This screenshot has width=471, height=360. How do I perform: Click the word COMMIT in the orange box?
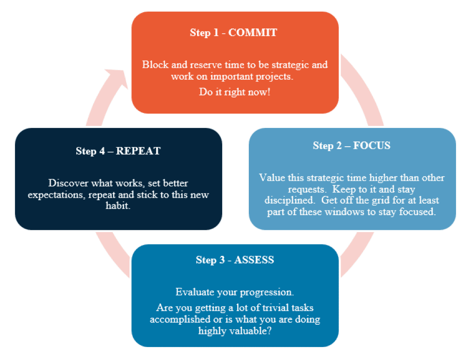253,32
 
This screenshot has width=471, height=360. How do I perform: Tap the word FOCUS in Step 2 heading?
371,146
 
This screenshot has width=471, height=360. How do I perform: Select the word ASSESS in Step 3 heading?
254,260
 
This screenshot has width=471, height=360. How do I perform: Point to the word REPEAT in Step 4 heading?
138,151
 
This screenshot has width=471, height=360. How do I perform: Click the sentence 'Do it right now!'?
235,92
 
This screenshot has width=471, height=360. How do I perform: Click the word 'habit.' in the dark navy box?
118,206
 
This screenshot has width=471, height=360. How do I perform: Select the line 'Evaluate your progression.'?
235,292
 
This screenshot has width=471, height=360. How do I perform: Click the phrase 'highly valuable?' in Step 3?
235,331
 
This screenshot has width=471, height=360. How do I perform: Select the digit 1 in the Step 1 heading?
215,32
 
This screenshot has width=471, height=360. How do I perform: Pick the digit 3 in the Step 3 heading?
222,260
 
